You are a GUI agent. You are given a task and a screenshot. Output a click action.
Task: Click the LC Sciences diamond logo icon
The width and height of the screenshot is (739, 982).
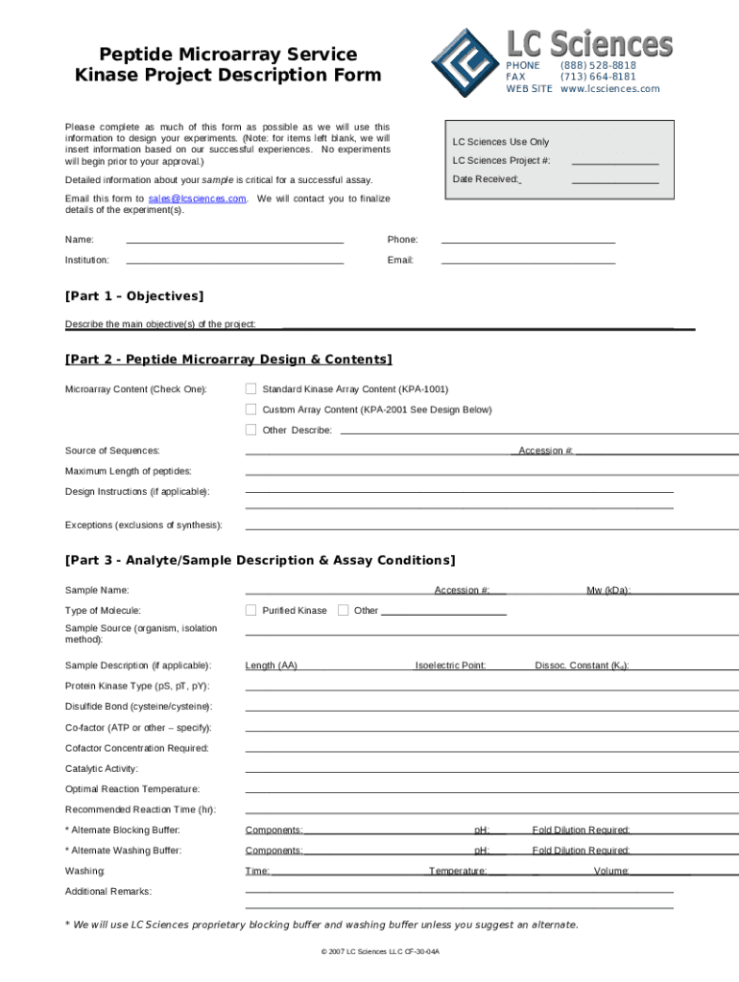[x=465, y=62]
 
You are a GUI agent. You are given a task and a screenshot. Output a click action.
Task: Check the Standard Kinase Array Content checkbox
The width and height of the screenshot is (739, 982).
[x=250, y=389]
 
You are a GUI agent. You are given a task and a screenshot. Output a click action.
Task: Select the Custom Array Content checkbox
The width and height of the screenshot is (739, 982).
[x=250, y=409]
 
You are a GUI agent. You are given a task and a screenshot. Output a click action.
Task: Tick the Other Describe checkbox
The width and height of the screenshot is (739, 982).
[x=250, y=430]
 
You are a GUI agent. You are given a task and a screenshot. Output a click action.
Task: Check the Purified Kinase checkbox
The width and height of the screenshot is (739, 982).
[x=250, y=610]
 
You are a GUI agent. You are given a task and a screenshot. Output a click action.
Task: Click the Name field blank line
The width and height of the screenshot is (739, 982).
[x=234, y=241]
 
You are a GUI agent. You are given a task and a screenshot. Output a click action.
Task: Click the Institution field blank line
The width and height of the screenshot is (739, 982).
[x=234, y=261]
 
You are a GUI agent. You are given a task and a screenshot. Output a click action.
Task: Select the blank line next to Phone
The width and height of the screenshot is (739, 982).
[x=527, y=241]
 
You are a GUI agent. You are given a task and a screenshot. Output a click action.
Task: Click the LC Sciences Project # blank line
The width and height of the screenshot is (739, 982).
[x=614, y=162]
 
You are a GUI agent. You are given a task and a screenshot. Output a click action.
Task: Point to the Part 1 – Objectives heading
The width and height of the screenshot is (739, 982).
[x=134, y=297]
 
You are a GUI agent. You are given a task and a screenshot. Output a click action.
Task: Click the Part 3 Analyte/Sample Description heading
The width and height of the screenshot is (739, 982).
[x=260, y=560]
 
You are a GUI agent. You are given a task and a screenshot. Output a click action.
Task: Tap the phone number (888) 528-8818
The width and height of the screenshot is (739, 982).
[x=598, y=65]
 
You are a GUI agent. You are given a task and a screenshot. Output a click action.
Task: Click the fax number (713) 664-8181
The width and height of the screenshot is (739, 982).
[x=598, y=77]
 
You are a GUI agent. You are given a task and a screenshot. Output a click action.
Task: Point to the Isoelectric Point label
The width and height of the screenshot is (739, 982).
[x=450, y=666]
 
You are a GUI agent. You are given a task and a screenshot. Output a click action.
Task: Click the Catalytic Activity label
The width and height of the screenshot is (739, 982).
[x=102, y=769]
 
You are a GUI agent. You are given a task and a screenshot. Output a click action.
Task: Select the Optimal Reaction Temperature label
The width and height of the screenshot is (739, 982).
[x=132, y=789]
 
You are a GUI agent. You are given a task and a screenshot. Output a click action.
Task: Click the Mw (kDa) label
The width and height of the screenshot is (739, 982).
[x=608, y=591]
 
